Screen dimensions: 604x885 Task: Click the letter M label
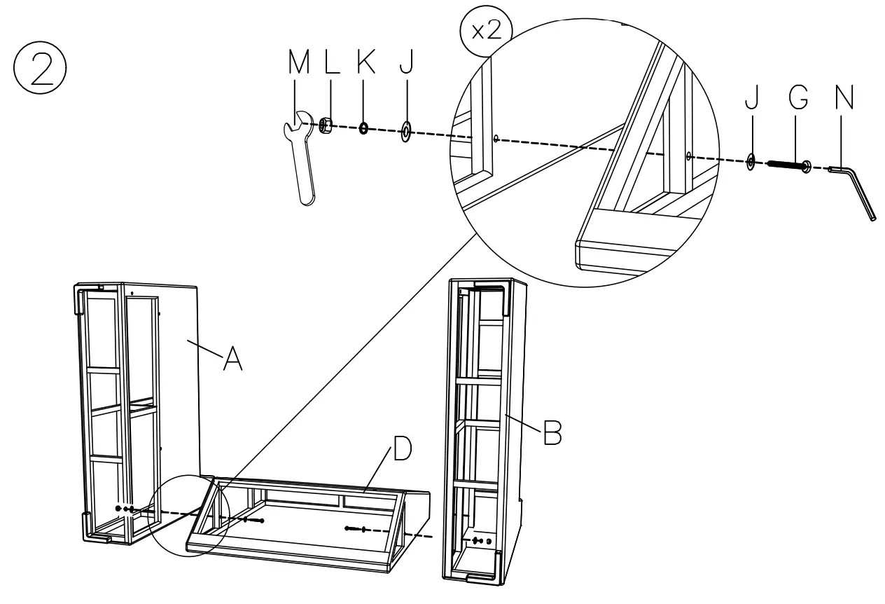click(x=299, y=63)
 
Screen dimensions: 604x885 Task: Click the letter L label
click(x=332, y=63)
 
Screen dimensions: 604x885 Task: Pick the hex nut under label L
click(x=325, y=125)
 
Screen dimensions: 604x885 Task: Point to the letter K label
click(x=365, y=63)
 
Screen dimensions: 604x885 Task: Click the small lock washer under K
click(x=364, y=128)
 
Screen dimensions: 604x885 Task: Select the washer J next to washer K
click(x=405, y=131)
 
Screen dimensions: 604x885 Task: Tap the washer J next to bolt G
click(x=750, y=162)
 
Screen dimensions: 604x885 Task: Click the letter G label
click(x=797, y=99)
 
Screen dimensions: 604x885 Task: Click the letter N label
click(x=844, y=99)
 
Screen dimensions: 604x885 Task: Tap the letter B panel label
click(x=552, y=434)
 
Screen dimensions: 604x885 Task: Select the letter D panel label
click(x=401, y=451)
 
